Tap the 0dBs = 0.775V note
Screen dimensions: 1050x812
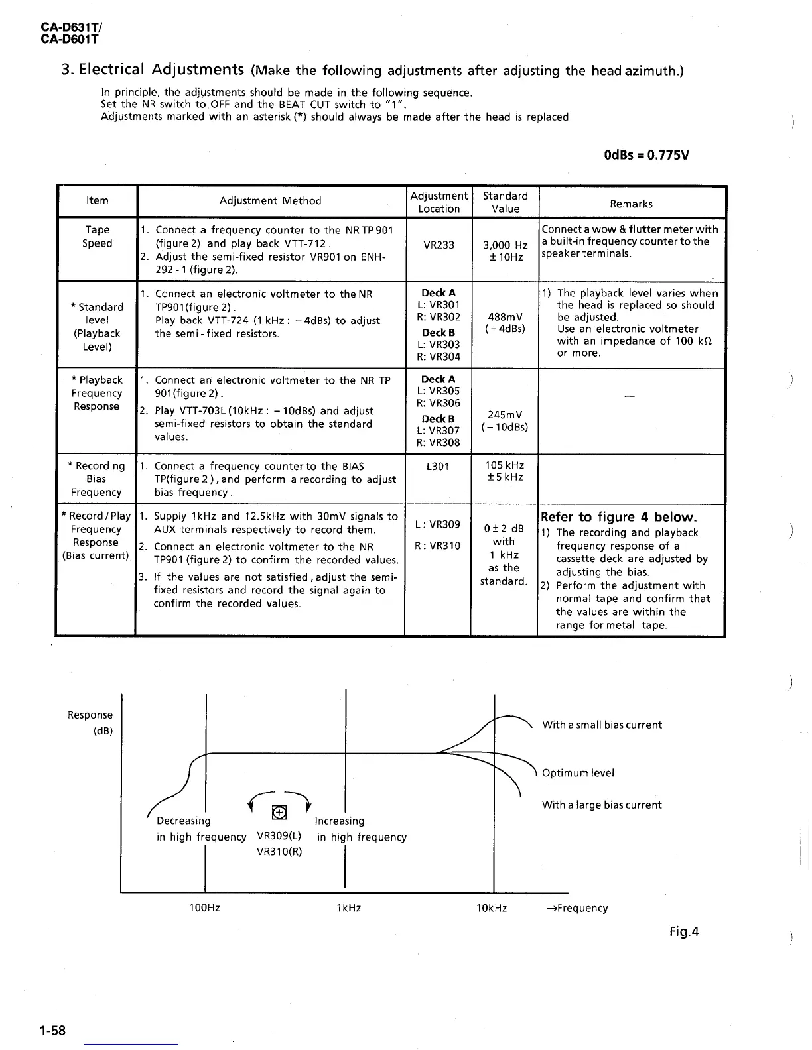point(646,156)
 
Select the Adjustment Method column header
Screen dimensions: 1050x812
point(270,201)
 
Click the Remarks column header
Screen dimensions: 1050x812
point(631,204)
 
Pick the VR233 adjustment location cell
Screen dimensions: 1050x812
point(439,245)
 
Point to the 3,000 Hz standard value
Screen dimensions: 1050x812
point(505,245)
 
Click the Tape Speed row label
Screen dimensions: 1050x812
point(97,237)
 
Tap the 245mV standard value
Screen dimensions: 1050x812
point(505,415)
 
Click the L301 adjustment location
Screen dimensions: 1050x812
point(438,466)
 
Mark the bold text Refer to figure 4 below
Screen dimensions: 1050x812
point(619,517)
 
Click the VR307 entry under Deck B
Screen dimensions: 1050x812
point(439,430)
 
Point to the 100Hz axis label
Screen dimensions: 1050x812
point(204,908)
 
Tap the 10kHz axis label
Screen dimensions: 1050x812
point(492,908)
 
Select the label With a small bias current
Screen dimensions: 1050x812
point(602,725)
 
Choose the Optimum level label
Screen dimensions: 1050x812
point(578,773)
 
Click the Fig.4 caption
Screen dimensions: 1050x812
point(684,932)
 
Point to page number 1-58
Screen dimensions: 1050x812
point(52,1031)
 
